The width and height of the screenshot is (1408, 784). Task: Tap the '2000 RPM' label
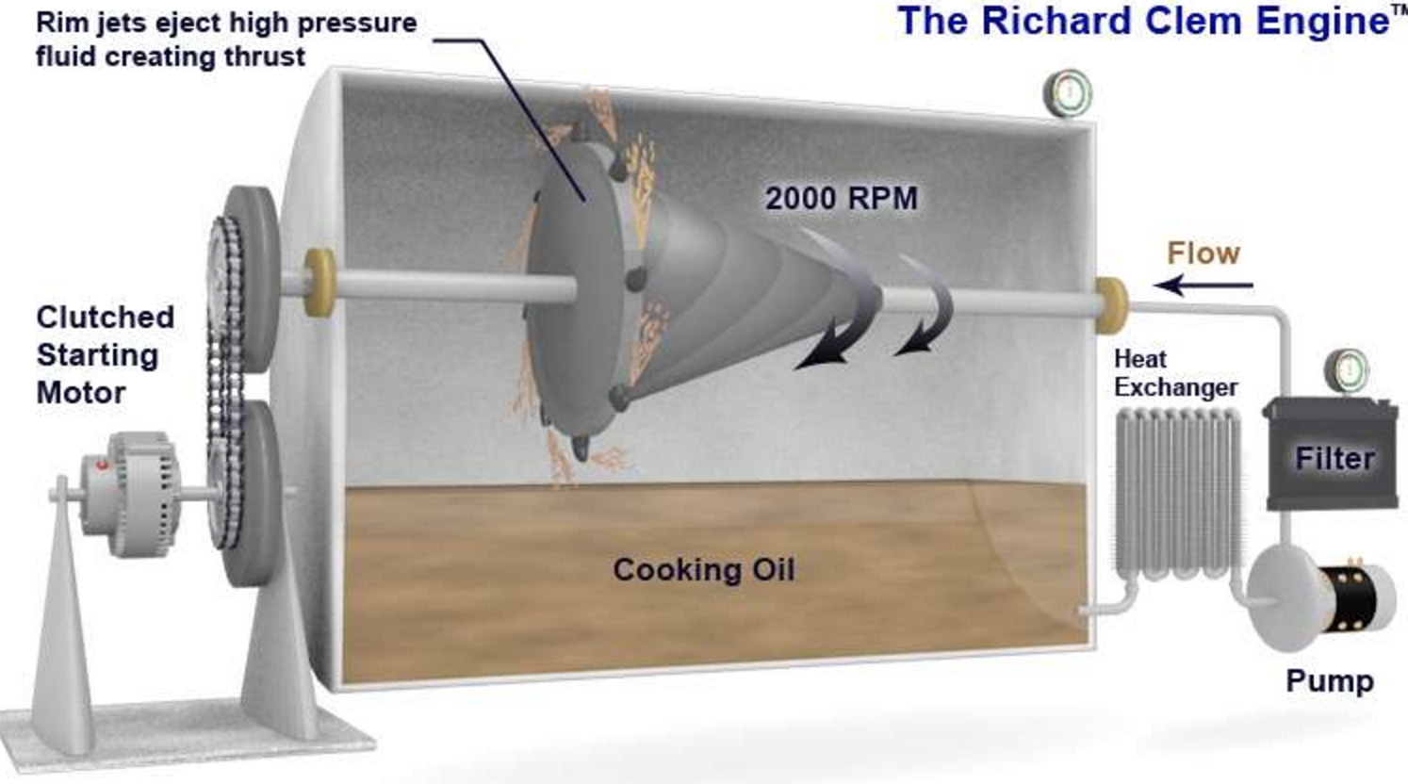tap(841, 199)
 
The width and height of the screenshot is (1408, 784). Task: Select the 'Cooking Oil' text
tap(703, 569)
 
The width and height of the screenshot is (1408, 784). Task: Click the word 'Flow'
tap(1203, 253)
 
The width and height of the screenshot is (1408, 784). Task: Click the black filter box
tap(1330, 457)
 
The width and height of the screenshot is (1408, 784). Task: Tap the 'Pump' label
tap(1329, 680)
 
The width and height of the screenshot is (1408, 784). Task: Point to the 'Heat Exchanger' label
tap(1174, 373)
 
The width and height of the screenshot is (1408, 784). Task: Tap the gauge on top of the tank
tap(1068, 93)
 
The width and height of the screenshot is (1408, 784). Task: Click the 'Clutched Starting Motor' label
tap(104, 354)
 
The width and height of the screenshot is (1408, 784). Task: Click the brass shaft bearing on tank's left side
tap(319, 275)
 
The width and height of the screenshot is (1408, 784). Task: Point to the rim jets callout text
tap(226, 40)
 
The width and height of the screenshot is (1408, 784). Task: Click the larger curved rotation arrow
tap(839, 311)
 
